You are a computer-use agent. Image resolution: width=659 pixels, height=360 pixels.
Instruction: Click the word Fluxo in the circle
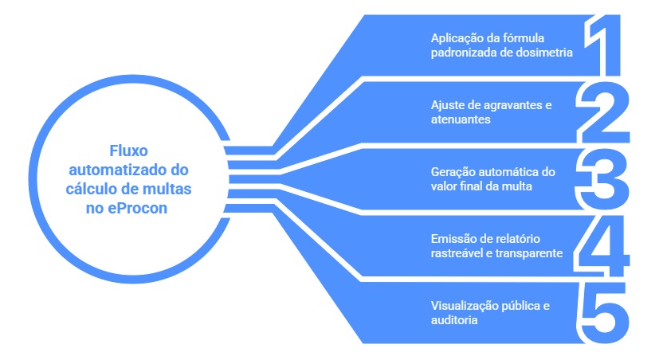click(128, 151)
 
